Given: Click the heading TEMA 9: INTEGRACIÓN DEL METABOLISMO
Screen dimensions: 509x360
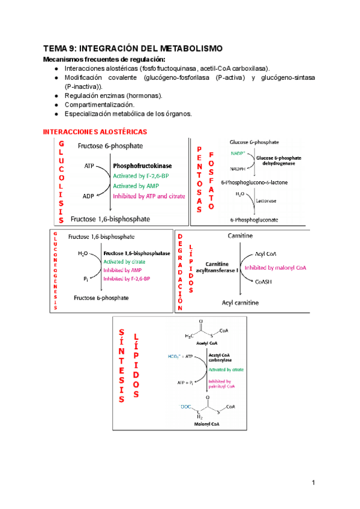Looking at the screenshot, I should coord(133,48).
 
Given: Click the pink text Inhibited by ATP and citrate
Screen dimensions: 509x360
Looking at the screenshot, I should coord(149,196).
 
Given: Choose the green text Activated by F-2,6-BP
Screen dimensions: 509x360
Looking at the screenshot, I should coord(141,176).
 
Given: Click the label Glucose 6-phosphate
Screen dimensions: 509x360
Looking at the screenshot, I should coord(254,142).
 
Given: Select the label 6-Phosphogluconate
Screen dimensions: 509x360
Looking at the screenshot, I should coord(254,221).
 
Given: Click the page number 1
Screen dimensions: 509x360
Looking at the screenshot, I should coord(313,483).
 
